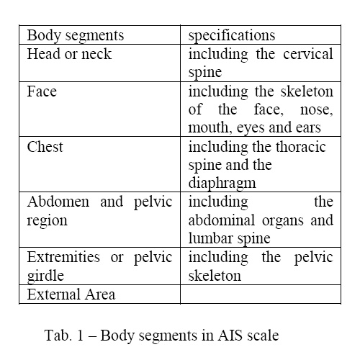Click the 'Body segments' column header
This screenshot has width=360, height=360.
coord(76,36)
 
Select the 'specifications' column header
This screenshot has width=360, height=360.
coord(232,36)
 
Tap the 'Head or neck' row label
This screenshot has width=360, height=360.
coord(69,54)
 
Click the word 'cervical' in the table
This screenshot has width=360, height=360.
coord(308,54)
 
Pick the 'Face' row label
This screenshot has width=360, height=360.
coord(42,91)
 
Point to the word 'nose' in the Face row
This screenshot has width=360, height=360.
coord(317,109)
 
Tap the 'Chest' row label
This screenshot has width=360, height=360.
coord(45,147)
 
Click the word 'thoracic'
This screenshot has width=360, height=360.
coord(301,147)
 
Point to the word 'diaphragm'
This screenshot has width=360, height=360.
coord(222,184)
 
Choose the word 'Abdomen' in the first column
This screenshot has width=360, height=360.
coord(58,202)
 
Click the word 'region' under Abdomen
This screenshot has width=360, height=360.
coord(47,220)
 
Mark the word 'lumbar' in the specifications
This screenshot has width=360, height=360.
coord(207,238)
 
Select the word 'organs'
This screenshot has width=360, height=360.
coord(283,220)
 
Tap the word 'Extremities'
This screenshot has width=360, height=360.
coord(63,257)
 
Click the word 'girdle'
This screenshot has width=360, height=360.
coord(45,276)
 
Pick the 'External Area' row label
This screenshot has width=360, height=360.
coord(71,294)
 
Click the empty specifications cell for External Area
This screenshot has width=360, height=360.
coord(261,294)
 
